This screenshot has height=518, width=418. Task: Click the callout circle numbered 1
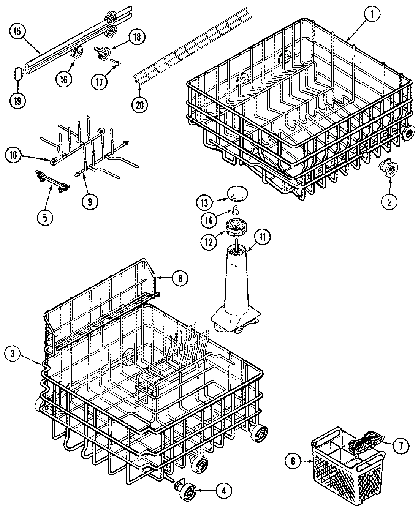[x=372, y=14]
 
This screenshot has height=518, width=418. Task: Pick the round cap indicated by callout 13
[x=236, y=193]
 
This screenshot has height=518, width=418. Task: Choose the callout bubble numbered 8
[x=180, y=278]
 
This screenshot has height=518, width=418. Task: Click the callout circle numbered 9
[x=90, y=201]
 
